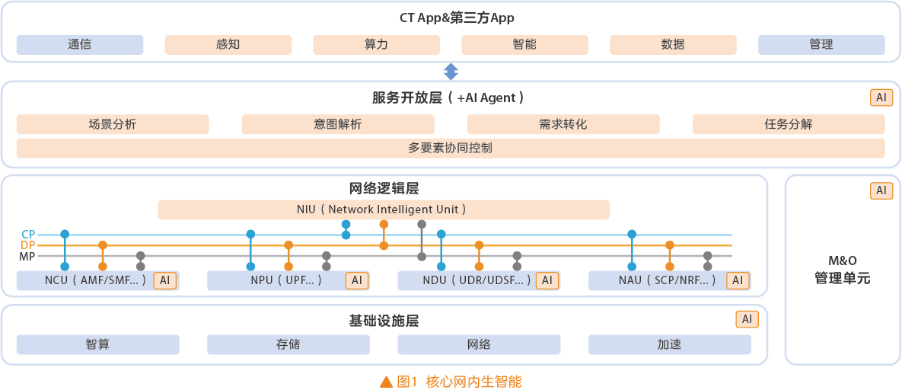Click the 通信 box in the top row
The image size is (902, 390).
(x=79, y=45)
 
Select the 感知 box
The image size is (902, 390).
(x=228, y=45)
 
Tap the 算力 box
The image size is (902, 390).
(x=376, y=45)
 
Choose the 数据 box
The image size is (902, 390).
(x=673, y=45)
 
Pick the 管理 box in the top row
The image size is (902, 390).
(x=821, y=45)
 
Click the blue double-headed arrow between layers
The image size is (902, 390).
(x=451, y=72)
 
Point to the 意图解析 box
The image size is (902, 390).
(x=338, y=124)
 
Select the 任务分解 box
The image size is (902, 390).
(x=789, y=124)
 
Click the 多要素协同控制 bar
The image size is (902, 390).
(x=451, y=148)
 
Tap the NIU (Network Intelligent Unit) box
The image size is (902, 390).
(x=384, y=209)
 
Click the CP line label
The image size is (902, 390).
(x=28, y=235)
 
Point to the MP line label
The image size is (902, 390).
(x=27, y=256)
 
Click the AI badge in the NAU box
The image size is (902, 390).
(x=738, y=280)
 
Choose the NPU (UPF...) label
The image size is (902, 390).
(x=286, y=280)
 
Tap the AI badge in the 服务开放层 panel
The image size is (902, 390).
(x=881, y=98)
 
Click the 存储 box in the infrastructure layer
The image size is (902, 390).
(x=288, y=344)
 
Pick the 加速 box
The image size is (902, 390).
(x=670, y=344)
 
